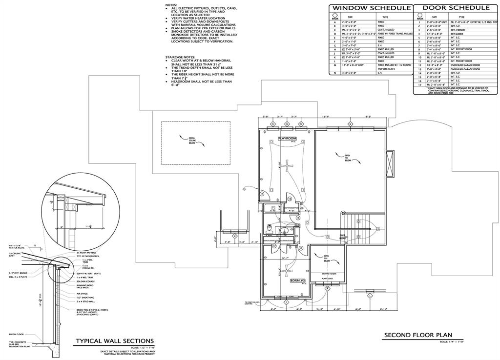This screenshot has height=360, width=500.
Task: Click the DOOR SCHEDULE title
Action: point(456,8)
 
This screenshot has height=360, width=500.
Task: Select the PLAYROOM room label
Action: point(287,139)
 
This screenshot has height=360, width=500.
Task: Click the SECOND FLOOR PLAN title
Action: point(418,335)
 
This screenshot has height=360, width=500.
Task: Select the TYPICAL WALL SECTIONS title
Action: point(115,341)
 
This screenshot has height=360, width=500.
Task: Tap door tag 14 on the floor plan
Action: point(262,194)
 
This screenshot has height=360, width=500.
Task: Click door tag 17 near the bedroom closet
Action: point(274,246)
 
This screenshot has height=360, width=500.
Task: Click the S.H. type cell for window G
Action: point(381,45)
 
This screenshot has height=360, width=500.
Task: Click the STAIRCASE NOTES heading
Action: point(180,57)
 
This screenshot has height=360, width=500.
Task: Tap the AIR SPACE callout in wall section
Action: point(82,294)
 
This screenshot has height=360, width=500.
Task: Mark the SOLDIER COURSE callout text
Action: point(85,280)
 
